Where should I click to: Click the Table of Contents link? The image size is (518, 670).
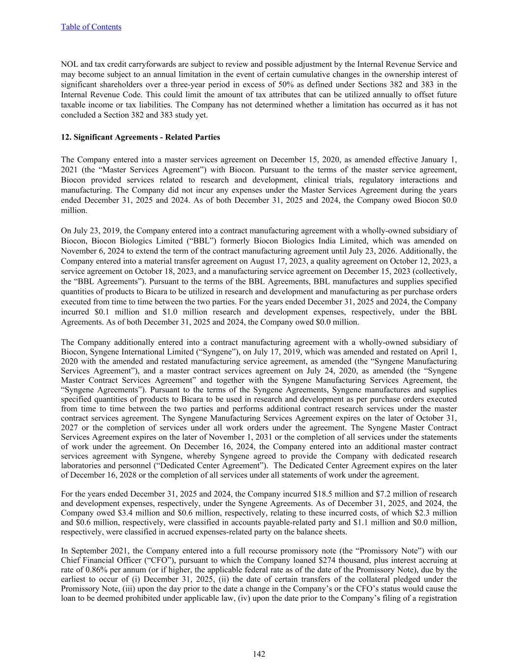click(x=91, y=27)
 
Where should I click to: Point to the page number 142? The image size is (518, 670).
click(x=259, y=654)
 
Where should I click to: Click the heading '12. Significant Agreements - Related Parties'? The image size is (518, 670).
click(x=140, y=137)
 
